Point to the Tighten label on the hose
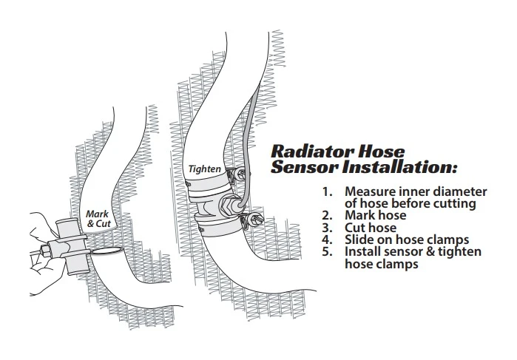(203, 169)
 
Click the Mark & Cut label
(98, 218)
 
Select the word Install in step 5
(363, 251)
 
